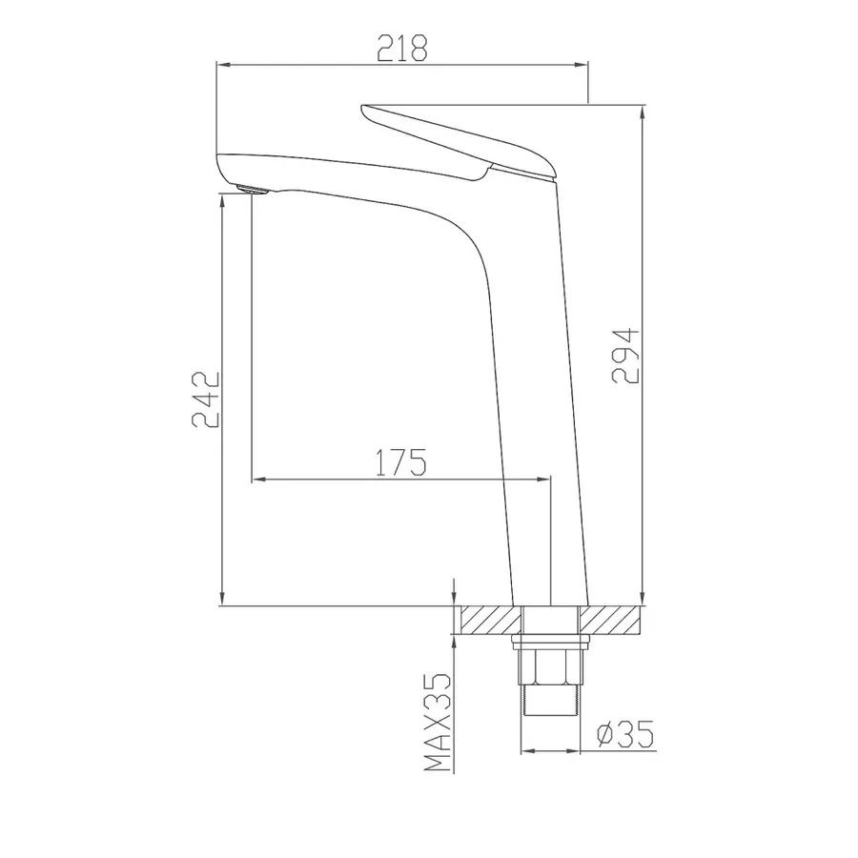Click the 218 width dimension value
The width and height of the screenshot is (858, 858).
click(402, 48)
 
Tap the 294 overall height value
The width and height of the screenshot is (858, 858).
click(625, 356)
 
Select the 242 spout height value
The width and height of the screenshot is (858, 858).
click(206, 399)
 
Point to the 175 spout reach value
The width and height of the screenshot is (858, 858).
click(401, 462)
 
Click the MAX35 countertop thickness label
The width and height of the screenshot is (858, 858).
click(439, 722)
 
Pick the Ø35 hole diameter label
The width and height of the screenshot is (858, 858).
click(625, 734)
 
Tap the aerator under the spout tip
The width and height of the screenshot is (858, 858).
click(253, 190)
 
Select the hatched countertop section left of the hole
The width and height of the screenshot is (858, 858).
click(491, 620)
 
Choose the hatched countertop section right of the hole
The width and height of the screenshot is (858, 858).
click(610, 620)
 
